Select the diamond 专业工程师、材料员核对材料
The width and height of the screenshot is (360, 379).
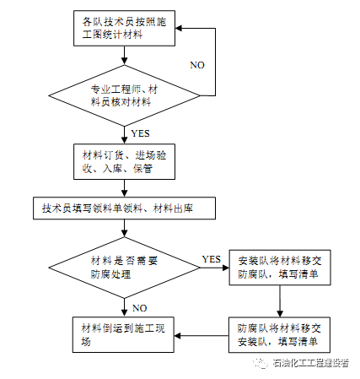[124, 94]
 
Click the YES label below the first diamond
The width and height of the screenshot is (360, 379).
[141, 133]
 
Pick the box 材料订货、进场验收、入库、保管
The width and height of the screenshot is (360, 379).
[124, 161]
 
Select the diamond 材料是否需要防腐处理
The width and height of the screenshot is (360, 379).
[124, 267]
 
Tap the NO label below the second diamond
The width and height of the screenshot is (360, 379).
[140, 307]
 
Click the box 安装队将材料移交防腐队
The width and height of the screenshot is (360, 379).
[277, 267]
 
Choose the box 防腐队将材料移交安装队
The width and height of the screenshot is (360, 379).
[277, 333]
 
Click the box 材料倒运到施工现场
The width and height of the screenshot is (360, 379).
[124, 334]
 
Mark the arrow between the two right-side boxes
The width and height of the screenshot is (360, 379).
[278, 300]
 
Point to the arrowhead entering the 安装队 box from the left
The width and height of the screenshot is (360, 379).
[225, 268]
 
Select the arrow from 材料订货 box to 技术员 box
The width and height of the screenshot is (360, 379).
[124, 188]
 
